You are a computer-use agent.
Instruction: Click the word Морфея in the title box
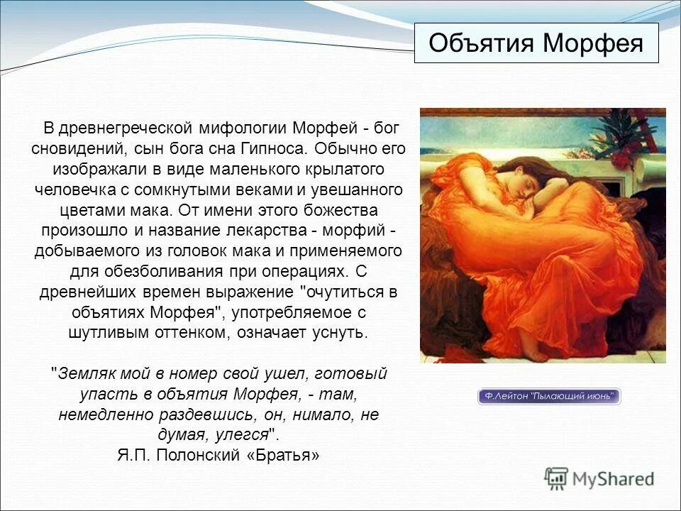pos(593,43)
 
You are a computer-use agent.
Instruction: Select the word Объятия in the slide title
pos(483,43)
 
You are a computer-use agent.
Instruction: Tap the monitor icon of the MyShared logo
pos(556,478)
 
